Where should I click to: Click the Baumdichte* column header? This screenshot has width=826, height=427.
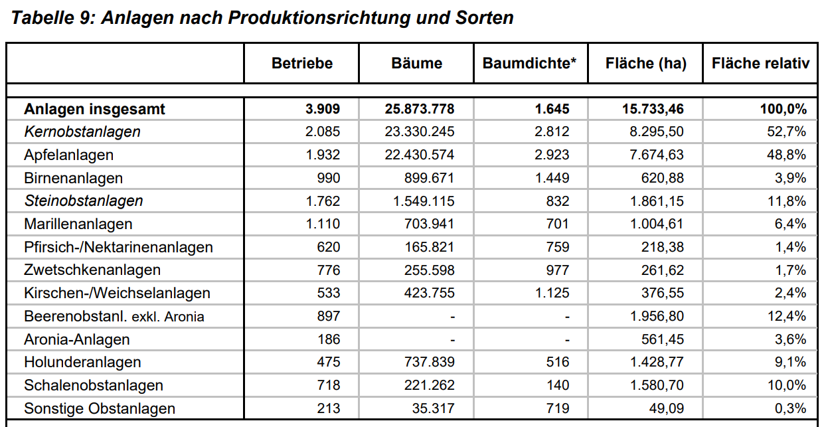530,64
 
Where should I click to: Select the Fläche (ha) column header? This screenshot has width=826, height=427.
645,64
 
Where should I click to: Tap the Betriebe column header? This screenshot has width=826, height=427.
302,64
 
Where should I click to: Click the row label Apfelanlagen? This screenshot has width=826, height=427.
68,155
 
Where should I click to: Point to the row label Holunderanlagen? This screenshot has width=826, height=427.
82,362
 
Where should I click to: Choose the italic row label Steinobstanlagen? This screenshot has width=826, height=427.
84,201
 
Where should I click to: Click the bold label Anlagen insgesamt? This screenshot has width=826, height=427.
94,109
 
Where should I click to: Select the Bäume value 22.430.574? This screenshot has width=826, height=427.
420,155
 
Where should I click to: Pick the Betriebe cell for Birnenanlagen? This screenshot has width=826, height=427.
328,178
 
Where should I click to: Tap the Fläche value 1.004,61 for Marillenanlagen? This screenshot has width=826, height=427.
657,224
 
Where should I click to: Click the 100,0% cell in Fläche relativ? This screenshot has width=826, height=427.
784,109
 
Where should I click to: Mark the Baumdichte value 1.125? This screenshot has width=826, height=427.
552,293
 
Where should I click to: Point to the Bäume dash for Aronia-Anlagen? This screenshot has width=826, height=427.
452,339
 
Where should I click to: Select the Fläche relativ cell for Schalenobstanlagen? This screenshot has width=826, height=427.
787,385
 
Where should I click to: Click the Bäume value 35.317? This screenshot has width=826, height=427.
433,408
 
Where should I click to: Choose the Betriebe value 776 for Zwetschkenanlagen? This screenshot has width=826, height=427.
328,270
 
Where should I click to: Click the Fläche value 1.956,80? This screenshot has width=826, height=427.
657,316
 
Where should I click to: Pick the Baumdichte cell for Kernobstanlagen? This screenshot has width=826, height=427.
552,131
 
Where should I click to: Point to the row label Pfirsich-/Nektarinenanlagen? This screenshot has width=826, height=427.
118,247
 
